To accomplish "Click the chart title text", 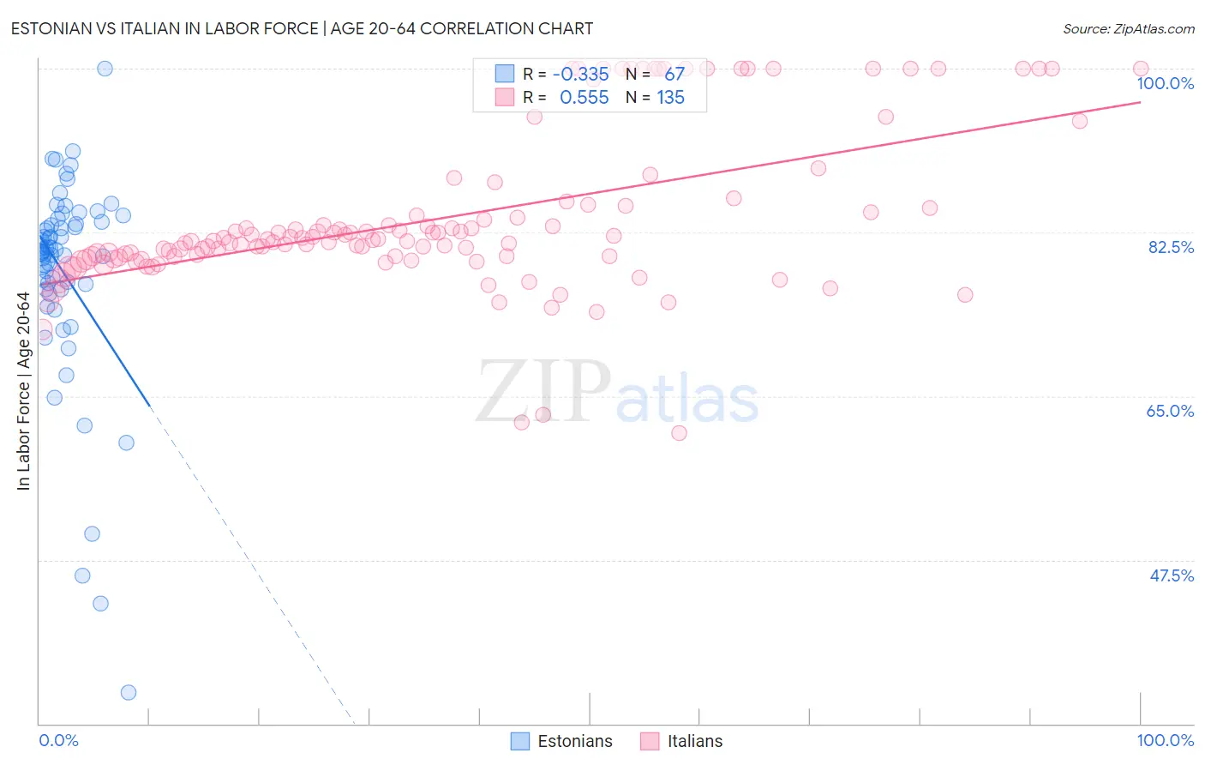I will pyautogui.click(x=301, y=28).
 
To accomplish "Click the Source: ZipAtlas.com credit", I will pyautogui.click(x=1128, y=28).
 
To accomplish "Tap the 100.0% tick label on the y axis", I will pyautogui.click(x=1165, y=83).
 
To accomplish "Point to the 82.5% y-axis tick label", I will pyautogui.click(x=1171, y=247).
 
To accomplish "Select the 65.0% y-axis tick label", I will pyautogui.click(x=1170, y=411).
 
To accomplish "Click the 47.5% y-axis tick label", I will pyautogui.click(x=1171, y=575).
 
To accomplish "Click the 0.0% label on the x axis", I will pyautogui.click(x=58, y=740).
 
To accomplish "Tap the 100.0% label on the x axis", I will pyautogui.click(x=1165, y=740).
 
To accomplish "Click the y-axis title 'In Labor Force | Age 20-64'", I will pyautogui.click(x=23, y=391).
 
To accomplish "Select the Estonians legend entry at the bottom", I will pyautogui.click(x=562, y=741).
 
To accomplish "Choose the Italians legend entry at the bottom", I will pyautogui.click(x=682, y=741).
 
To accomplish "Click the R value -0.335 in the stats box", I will pyautogui.click(x=580, y=74).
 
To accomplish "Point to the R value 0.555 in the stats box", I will pyautogui.click(x=584, y=98).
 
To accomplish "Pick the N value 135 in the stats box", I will pyautogui.click(x=670, y=98).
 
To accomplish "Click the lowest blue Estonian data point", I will pyautogui.click(x=129, y=692).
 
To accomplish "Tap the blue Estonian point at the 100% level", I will pyautogui.click(x=105, y=69).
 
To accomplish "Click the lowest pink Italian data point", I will pyautogui.click(x=679, y=433).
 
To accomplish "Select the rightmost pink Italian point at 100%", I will pyautogui.click(x=1141, y=69).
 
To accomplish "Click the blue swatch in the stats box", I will pyautogui.click(x=505, y=74).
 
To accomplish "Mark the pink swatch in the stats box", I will pyautogui.click(x=505, y=98).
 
